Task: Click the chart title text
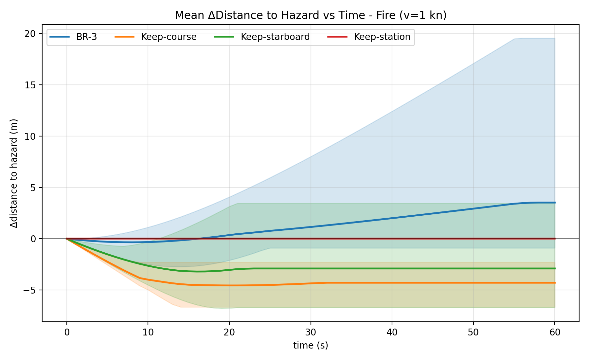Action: point(311,15)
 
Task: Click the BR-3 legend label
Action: point(86,37)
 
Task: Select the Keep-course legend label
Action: point(169,37)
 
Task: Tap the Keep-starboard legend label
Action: point(275,37)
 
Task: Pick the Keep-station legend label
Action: point(382,37)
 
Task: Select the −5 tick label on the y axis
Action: point(29,290)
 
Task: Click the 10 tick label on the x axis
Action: point(148,333)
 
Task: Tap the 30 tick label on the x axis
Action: point(311,333)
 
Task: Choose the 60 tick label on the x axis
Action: point(555,333)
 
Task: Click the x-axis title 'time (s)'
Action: point(311,345)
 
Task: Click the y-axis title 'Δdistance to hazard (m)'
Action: point(14,173)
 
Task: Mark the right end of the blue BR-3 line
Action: point(555,203)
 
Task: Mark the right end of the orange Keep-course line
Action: point(555,283)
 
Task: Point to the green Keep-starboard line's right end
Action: point(555,268)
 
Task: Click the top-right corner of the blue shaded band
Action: point(554,39)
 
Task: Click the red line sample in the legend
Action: point(337,37)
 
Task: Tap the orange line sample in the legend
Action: point(124,37)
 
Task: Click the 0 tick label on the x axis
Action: point(67,333)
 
